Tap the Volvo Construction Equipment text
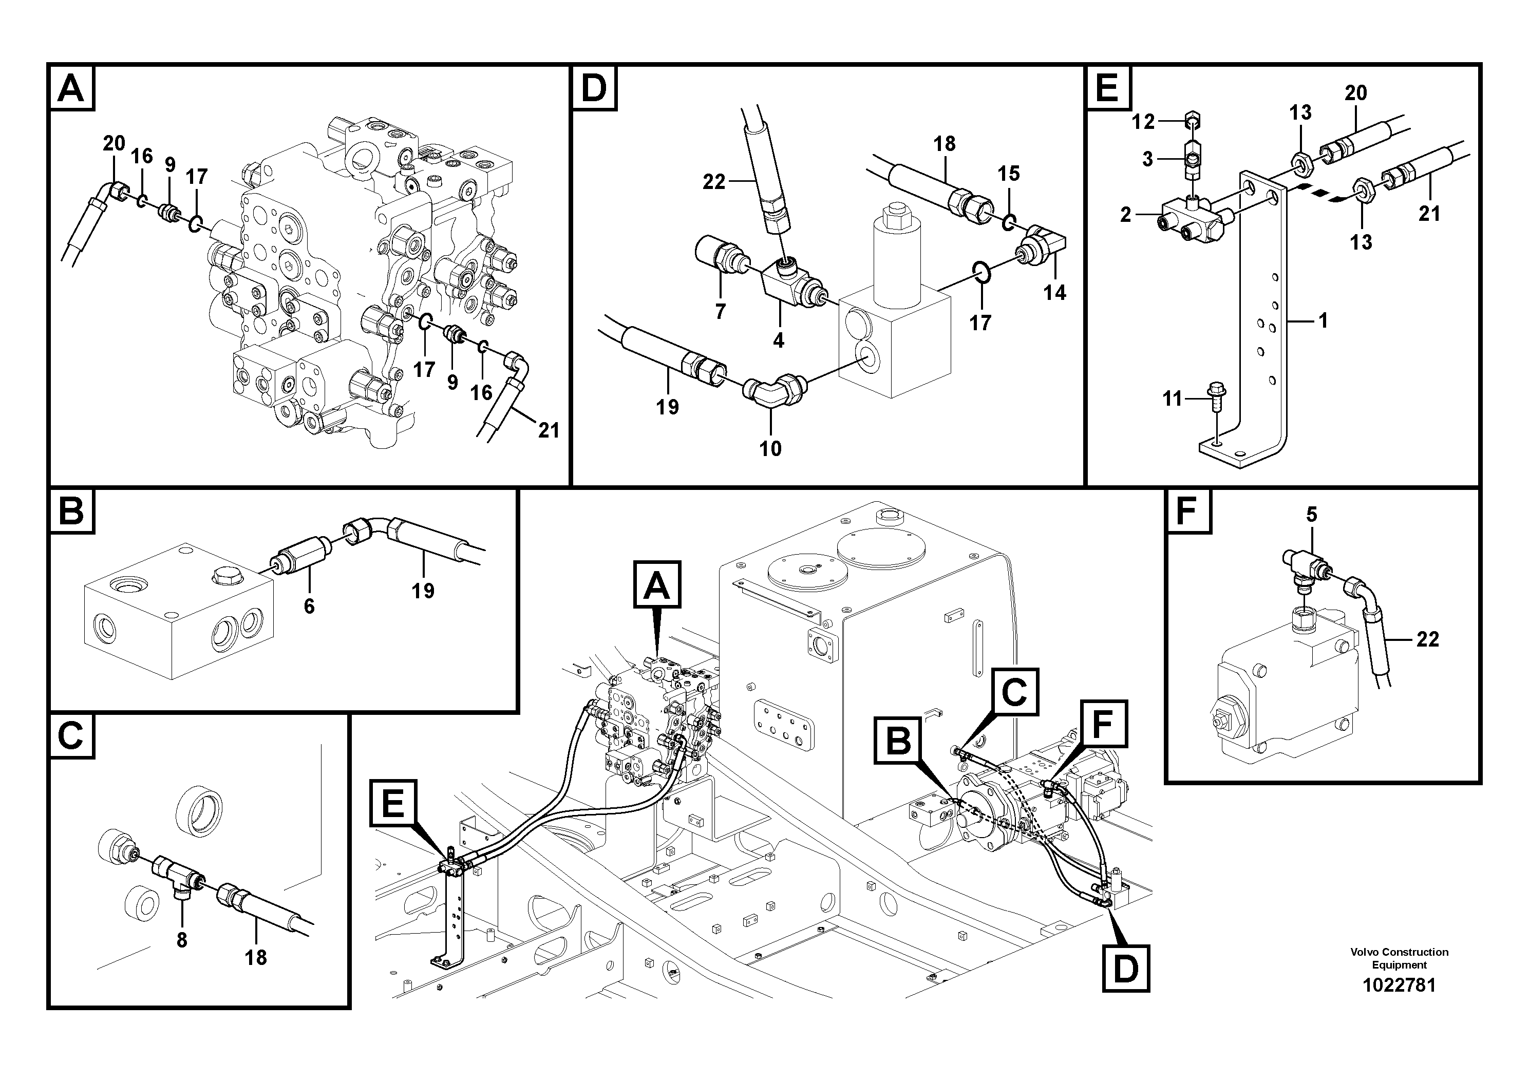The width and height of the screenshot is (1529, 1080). [1399, 958]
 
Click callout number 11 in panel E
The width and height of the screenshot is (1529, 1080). [1172, 399]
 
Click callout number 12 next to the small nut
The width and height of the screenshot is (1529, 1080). [1143, 121]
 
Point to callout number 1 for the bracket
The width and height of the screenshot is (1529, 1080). [1323, 321]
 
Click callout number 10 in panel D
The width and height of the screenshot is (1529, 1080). [770, 449]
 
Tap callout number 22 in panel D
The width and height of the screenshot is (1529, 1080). [714, 181]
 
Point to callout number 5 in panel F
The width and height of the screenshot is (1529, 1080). [1311, 514]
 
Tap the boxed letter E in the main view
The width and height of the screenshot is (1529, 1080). [393, 803]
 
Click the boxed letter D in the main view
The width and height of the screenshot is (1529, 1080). [1125, 970]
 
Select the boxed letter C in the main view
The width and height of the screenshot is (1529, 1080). [1014, 692]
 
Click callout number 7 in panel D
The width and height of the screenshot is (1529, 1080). [720, 311]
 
